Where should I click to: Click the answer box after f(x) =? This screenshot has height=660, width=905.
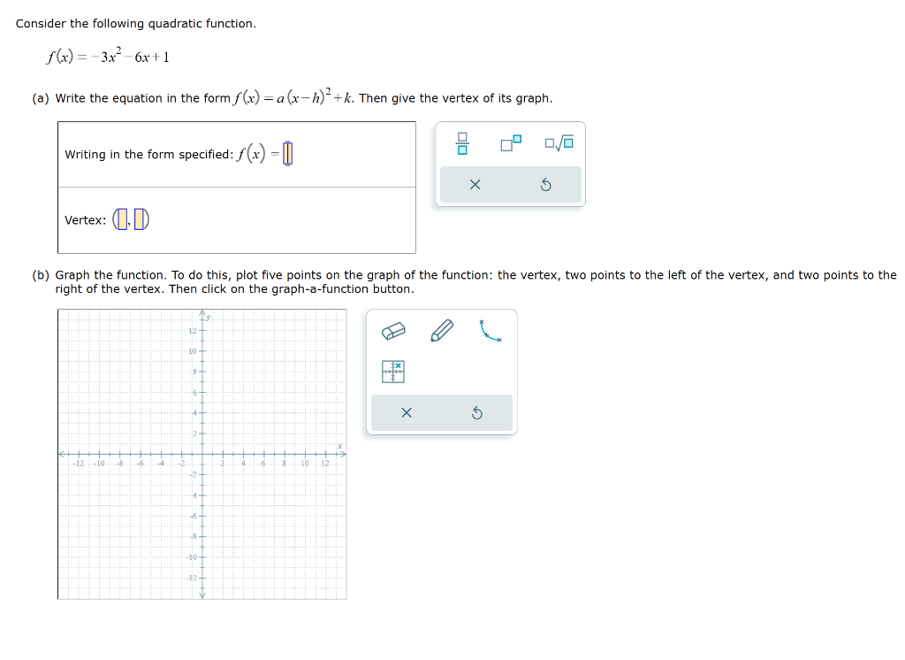tap(288, 155)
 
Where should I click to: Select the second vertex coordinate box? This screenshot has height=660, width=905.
tap(140, 219)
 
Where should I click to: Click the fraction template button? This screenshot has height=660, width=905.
tap(461, 142)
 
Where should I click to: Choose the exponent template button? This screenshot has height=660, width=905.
tap(511, 142)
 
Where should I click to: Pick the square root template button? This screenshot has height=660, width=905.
tap(559, 142)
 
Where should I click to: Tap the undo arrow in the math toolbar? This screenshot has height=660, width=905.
tap(546, 185)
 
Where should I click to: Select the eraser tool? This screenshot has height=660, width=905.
tap(393, 332)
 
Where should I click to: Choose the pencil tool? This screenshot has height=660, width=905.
tap(441, 332)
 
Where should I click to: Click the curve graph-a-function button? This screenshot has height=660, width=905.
tap(490, 331)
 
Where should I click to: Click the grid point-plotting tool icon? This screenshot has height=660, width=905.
tap(393, 372)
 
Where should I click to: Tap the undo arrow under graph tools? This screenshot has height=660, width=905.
tap(477, 413)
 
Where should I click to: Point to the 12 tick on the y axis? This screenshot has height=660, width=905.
tap(193, 332)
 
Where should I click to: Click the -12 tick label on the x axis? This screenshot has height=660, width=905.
tap(78, 464)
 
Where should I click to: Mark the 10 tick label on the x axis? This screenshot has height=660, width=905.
tap(305, 464)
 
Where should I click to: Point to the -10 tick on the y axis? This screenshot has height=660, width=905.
tap(192, 557)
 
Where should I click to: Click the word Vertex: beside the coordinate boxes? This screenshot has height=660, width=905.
tap(85, 220)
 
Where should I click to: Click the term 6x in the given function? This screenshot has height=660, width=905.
tap(143, 58)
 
